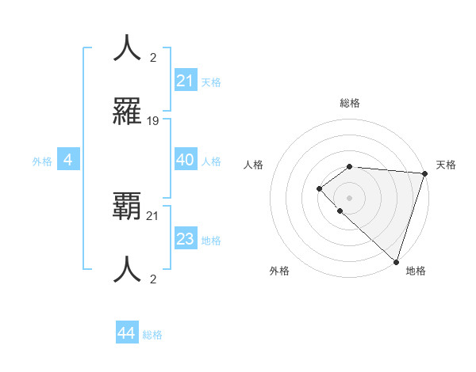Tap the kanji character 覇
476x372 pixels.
(128, 208)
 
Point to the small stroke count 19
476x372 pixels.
(153, 121)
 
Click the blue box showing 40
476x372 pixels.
(185, 160)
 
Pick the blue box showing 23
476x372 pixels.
(185, 239)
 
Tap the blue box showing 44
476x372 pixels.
(126, 333)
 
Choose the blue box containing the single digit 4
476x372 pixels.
(68, 161)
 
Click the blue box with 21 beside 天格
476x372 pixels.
(185, 81)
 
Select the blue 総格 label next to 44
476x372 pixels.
(152, 335)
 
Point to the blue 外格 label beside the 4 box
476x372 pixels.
(42, 161)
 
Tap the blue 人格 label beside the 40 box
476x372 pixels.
(211, 161)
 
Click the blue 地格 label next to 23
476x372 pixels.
(211, 241)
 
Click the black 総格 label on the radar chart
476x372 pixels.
(350, 103)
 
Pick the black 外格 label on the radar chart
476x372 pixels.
(279, 271)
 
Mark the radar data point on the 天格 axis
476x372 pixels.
(424, 173)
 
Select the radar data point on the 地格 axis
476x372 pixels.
(396, 261)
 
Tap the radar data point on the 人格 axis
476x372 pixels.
(319, 188)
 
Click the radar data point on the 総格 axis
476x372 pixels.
(350, 166)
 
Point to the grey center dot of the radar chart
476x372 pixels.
(350, 197)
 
